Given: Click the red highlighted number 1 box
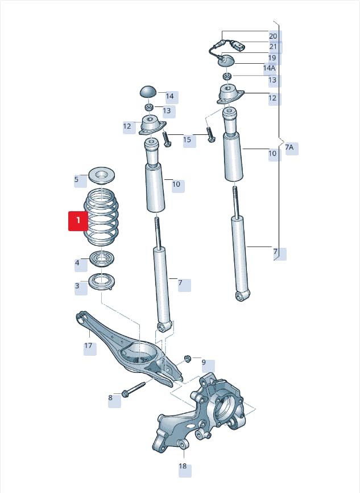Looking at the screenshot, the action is point(78,221).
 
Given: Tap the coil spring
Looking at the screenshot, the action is point(101,217).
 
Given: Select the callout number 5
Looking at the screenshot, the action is point(76,179).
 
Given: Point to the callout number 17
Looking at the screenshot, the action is point(88,346).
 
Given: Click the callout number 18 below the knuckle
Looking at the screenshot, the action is point(183,466).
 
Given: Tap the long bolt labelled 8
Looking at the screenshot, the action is point(134,389).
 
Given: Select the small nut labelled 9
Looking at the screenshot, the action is point(187,359).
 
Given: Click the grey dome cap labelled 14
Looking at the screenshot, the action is point(149,92).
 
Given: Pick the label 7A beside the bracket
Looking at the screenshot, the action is point(289,147).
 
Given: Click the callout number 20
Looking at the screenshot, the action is point(273,36).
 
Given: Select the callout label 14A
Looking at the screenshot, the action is point(269,68).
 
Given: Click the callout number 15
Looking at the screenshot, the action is point(187,139).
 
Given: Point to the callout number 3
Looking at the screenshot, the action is point(77,286).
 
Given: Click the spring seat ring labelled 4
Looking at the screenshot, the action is point(102,259).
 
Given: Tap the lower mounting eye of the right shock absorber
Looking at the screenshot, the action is point(242,295).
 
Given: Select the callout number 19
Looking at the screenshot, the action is point(272,58).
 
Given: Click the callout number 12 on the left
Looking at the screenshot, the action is point(127,126).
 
